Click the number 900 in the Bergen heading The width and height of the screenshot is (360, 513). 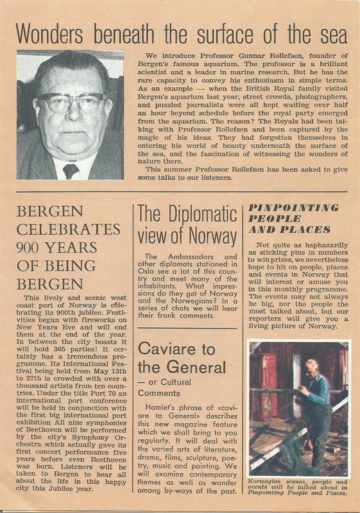click(37, 248)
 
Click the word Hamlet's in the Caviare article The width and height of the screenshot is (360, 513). click(158, 408)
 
